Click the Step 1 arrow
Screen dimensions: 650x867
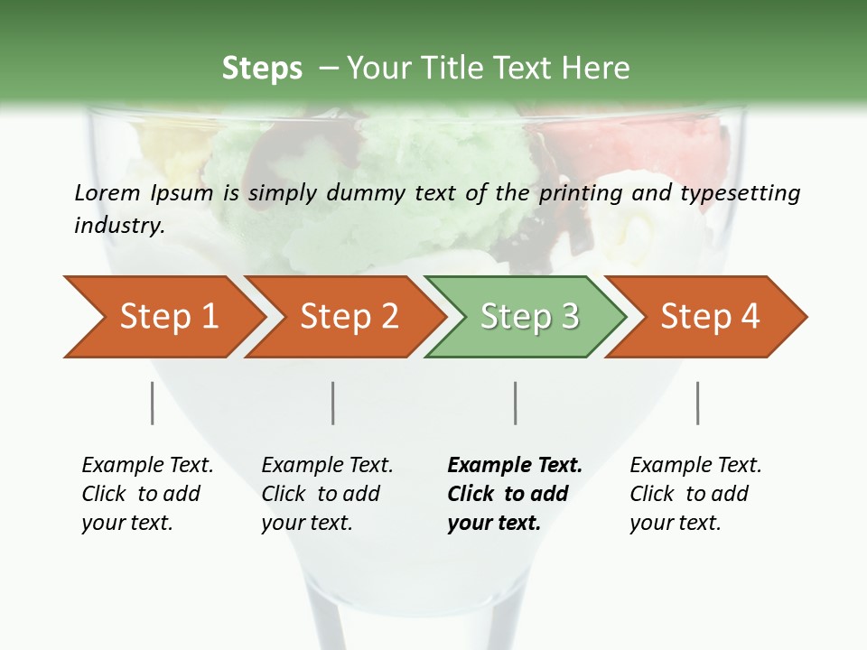pyautogui.click(x=168, y=317)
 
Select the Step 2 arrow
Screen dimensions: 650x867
pyautogui.click(x=349, y=317)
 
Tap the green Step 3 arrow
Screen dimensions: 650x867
pyautogui.click(x=529, y=317)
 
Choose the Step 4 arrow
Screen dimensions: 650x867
pyautogui.click(x=710, y=317)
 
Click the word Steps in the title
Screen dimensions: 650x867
pyautogui.click(x=262, y=69)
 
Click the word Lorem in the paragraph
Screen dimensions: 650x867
pyautogui.click(x=107, y=192)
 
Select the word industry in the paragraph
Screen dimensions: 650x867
pyautogui.click(x=118, y=225)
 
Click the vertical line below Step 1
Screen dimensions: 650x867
pyautogui.click(x=153, y=403)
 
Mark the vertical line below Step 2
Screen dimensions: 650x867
pyautogui.click(x=333, y=403)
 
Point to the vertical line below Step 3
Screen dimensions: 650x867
pyautogui.click(x=516, y=403)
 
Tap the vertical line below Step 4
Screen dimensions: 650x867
pyautogui.click(x=698, y=403)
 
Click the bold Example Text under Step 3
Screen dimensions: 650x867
pyautogui.click(x=515, y=466)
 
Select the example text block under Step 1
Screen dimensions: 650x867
pyautogui.click(x=147, y=494)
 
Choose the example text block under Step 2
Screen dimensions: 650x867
pyautogui.click(x=327, y=494)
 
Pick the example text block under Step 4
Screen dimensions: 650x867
pyautogui.click(x=695, y=494)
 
